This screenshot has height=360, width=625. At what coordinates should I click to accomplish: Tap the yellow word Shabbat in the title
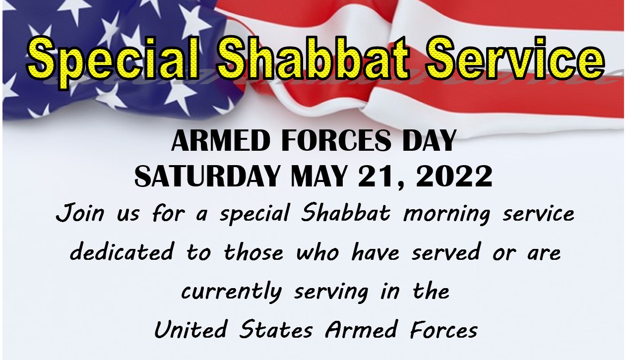(x=313, y=58)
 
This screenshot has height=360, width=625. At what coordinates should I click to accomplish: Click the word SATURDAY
(x=207, y=176)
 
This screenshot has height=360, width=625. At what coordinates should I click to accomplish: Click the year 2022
(x=454, y=176)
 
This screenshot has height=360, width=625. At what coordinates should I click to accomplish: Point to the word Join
(x=80, y=213)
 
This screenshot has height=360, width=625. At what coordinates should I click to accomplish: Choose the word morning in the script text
(x=447, y=215)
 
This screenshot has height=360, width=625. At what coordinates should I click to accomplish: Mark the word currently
(x=231, y=292)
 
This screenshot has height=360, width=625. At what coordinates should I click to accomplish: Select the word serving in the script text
(x=331, y=293)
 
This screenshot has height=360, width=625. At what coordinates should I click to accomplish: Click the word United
(x=191, y=329)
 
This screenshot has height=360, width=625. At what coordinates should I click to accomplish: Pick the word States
(x=276, y=330)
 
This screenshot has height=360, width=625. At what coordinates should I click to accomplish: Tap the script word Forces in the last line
(x=443, y=330)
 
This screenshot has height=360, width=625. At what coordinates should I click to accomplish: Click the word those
(x=253, y=252)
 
